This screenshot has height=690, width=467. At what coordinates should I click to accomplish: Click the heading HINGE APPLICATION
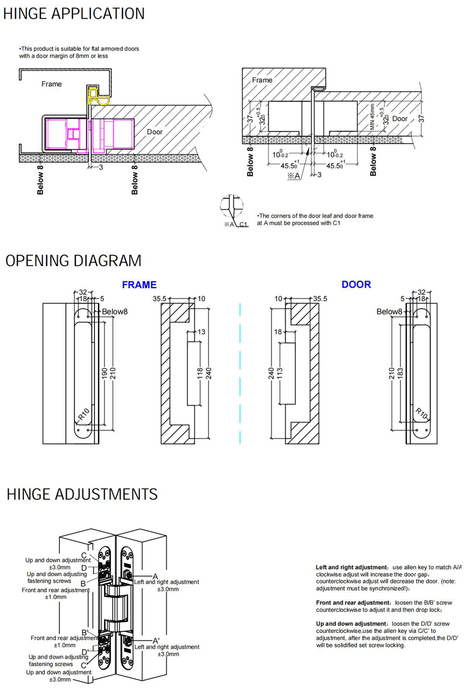pos(74,13)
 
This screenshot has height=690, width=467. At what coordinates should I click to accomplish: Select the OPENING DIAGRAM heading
pos(73,261)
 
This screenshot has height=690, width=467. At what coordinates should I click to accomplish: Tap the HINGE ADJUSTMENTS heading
pos(82,495)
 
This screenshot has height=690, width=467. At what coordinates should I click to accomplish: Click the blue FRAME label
pos(139,285)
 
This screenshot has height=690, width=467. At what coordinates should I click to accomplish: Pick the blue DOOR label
pos(356,284)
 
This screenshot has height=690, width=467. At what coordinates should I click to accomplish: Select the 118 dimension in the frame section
pos(200,372)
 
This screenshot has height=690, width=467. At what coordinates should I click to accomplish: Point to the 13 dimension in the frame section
pos(201,331)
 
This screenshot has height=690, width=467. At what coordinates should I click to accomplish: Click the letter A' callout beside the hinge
pos(156,640)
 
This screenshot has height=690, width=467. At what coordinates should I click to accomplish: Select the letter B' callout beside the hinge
pos(85,633)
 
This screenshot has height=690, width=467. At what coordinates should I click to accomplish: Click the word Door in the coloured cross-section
pos(155,132)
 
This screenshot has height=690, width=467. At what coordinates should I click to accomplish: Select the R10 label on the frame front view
pos(83,415)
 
